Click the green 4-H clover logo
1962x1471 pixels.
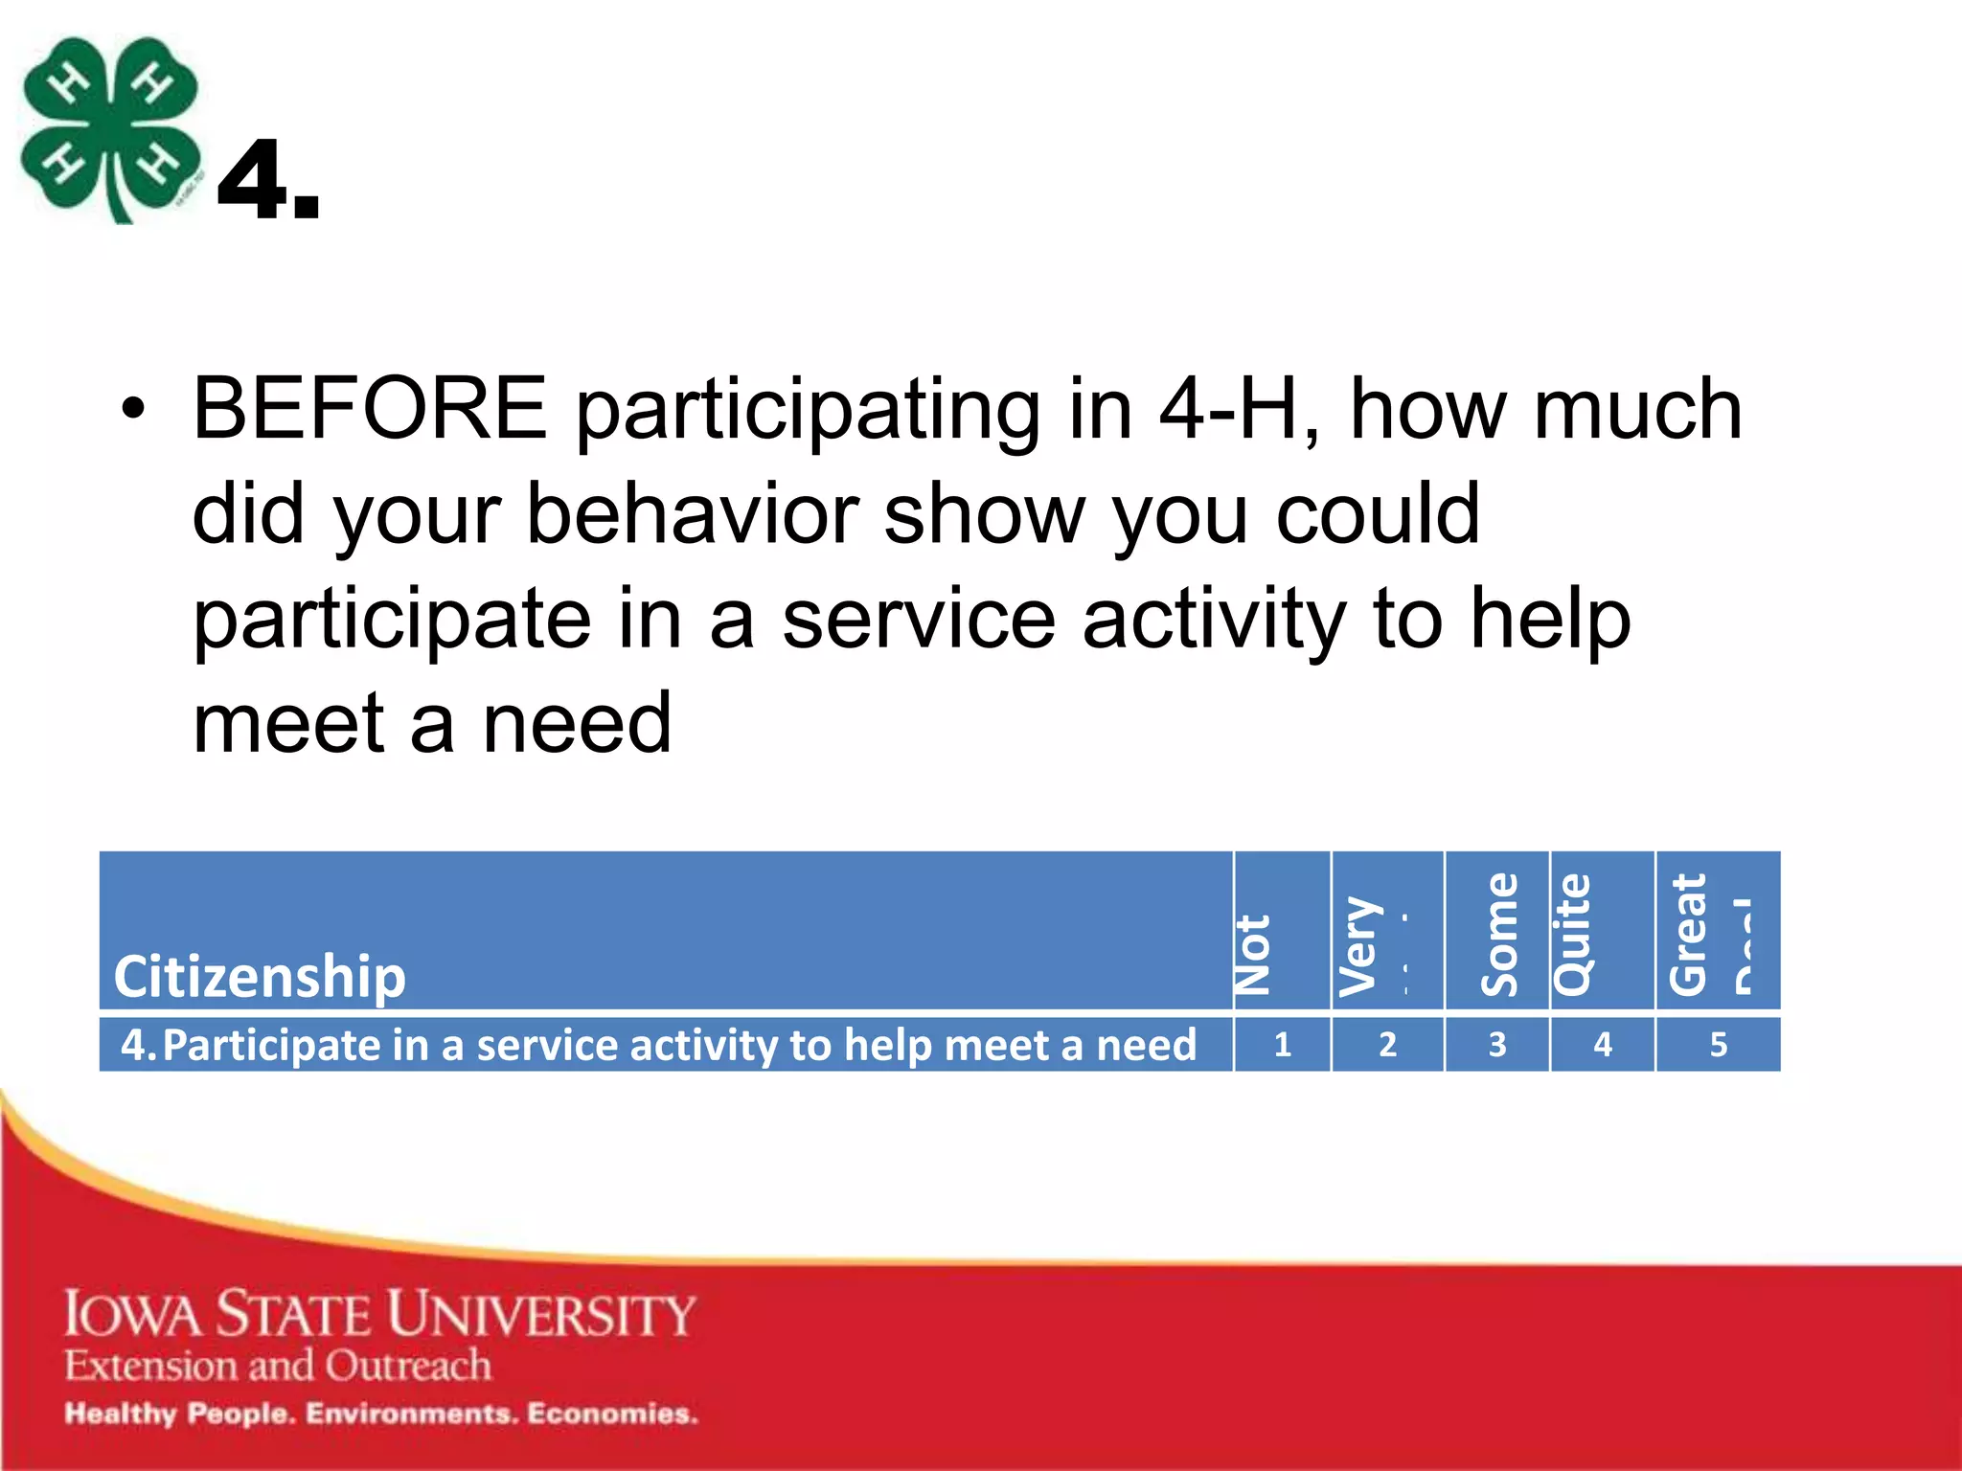(x=110, y=129)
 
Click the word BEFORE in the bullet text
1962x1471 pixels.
(x=369, y=410)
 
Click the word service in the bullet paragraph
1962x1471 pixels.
(x=918, y=619)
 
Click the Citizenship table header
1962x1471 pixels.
(x=260, y=976)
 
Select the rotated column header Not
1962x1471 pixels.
(x=1252, y=954)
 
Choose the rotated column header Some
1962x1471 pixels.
(x=1499, y=934)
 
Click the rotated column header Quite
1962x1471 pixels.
(x=1572, y=934)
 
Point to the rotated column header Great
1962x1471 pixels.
(x=1688, y=934)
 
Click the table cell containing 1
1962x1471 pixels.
(x=1282, y=1044)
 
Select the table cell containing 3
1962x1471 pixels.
(x=1497, y=1044)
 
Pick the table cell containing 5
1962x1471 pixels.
(x=1718, y=1044)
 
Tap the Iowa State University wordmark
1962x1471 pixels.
(x=379, y=1313)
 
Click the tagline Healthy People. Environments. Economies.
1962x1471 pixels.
(x=380, y=1414)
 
